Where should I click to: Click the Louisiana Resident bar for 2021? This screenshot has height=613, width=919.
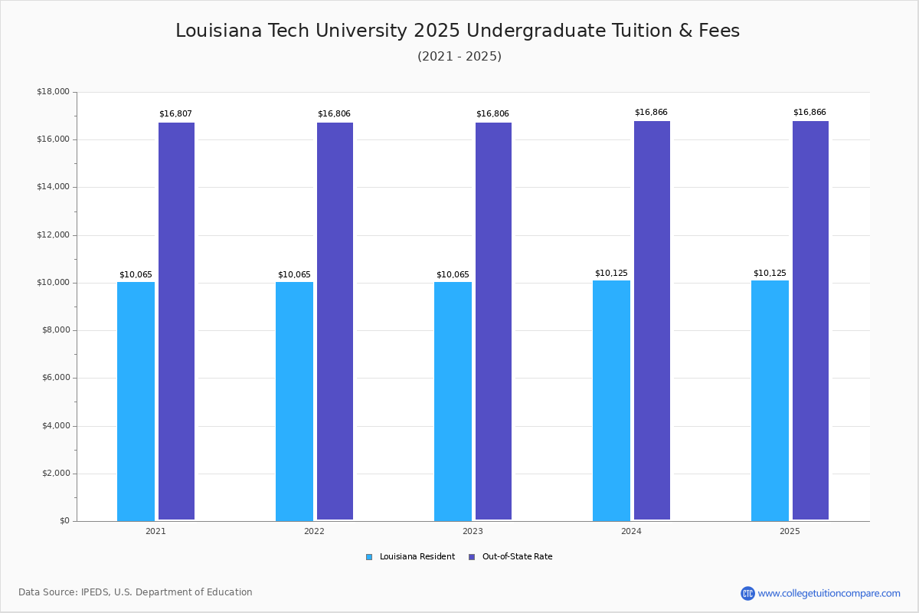tap(136, 401)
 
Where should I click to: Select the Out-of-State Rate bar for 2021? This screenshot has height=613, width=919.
tap(176, 321)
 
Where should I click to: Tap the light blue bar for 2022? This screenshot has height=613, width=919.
tap(294, 401)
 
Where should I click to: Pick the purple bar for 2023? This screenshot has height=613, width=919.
tap(493, 321)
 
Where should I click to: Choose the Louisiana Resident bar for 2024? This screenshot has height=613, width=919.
tap(611, 400)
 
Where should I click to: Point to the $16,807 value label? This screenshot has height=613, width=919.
tap(175, 114)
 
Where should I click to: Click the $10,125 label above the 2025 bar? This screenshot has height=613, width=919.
tap(770, 274)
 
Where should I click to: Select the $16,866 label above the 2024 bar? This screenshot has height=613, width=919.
tap(651, 113)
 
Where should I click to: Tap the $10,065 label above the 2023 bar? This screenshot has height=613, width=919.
tap(453, 275)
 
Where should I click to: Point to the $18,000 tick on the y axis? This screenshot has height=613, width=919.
tap(53, 92)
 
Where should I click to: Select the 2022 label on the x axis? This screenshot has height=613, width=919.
tap(314, 531)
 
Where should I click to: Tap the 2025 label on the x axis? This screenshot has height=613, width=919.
tap(790, 531)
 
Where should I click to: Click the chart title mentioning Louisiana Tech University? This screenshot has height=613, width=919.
tap(458, 31)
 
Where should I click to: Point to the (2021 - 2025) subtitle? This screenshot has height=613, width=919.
tap(459, 57)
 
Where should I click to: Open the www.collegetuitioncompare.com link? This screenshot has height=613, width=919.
tap(829, 593)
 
